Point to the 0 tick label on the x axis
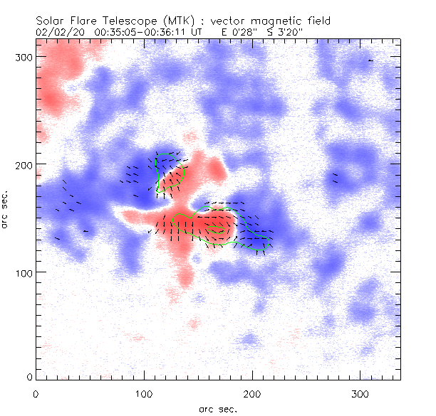tap(36, 393)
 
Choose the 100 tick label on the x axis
tap(144, 393)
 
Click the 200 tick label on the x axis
tap(252, 393)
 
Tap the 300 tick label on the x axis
tap(360, 393)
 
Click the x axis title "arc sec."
tap(217, 409)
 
